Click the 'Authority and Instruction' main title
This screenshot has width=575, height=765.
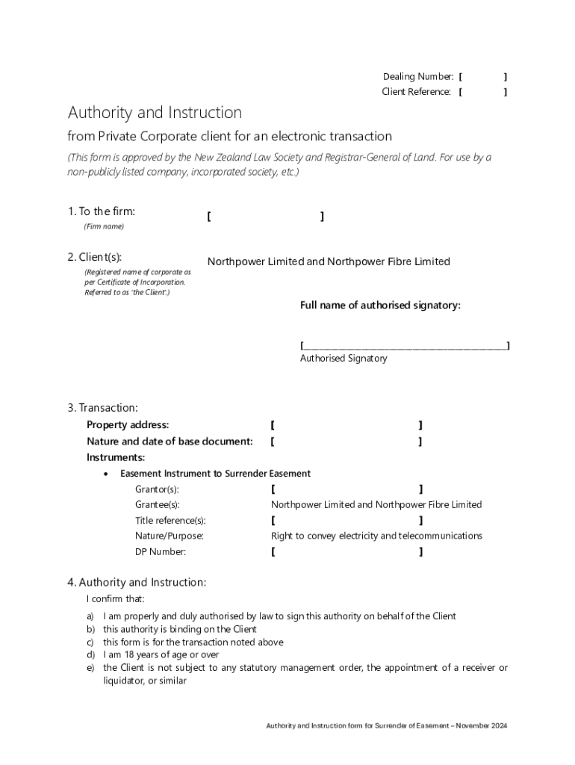point(155,113)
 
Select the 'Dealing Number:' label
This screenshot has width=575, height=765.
point(417,77)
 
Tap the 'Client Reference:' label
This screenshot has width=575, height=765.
point(416,92)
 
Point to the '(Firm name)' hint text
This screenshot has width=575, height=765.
point(104,226)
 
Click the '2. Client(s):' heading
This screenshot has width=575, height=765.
point(94,257)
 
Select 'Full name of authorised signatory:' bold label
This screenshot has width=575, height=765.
point(380,305)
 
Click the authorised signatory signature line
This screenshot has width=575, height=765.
point(405,346)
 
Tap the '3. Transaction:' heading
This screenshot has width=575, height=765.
point(102,408)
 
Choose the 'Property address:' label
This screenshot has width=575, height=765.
point(128,425)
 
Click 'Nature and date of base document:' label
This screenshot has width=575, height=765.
point(170,442)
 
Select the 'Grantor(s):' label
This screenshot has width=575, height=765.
point(157,489)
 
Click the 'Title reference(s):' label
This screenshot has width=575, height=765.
point(170,520)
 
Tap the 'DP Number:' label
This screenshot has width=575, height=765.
point(161,552)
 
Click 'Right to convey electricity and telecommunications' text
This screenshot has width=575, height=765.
point(376,536)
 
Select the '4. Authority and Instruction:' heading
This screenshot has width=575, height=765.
point(137,582)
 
